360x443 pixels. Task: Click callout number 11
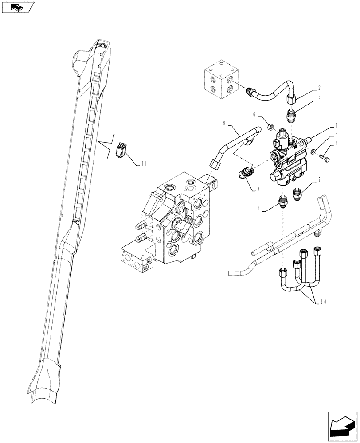click(144, 163)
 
